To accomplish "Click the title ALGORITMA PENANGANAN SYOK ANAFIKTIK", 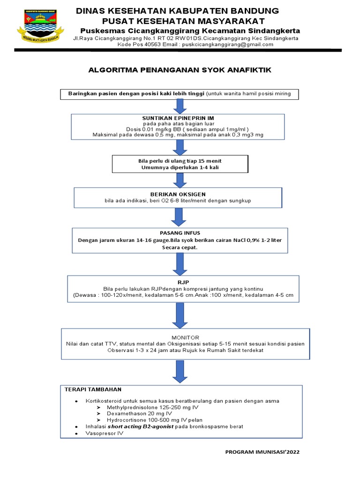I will coord(180,70).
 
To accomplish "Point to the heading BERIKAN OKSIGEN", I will coord(178,194).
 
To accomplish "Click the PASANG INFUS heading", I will coord(180,232).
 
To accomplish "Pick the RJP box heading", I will coord(180,283).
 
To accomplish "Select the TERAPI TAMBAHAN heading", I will coord(93,389).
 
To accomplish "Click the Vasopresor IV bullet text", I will coord(104,434).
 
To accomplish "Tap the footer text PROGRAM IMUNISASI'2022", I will coord(262,452).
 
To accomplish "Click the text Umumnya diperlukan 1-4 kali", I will coord(180,167).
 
